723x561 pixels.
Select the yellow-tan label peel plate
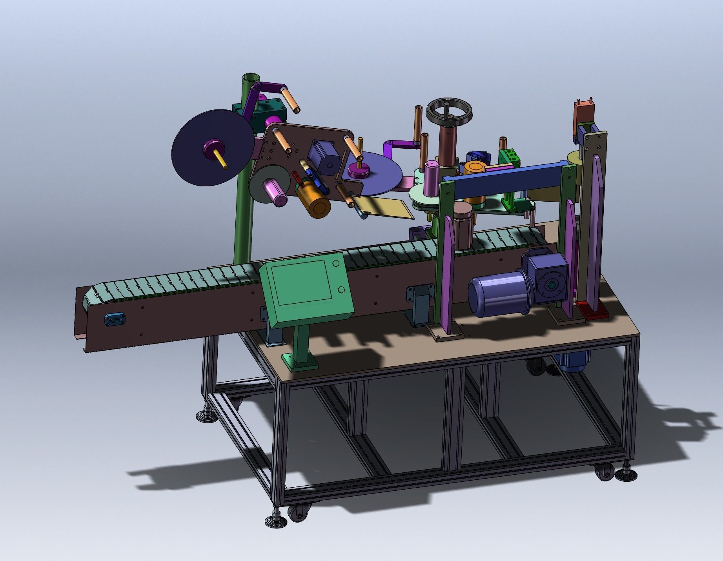click(386, 208)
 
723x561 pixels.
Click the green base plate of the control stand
click(300, 361)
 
